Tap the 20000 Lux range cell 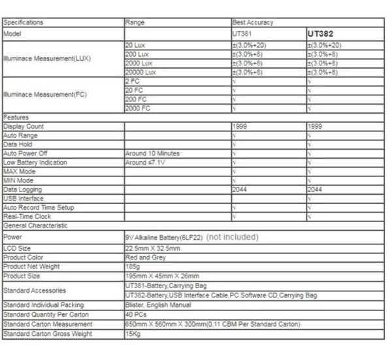[x=141, y=73]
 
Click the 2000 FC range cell [x=138, y=108]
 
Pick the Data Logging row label [x=22, y=189]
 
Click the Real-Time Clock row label [x=27, y=216]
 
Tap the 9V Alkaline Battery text [x=164, y=237]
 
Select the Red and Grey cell [x=145, y=258]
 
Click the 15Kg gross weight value [x=133, y=334]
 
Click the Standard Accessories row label [x=35, y=290]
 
